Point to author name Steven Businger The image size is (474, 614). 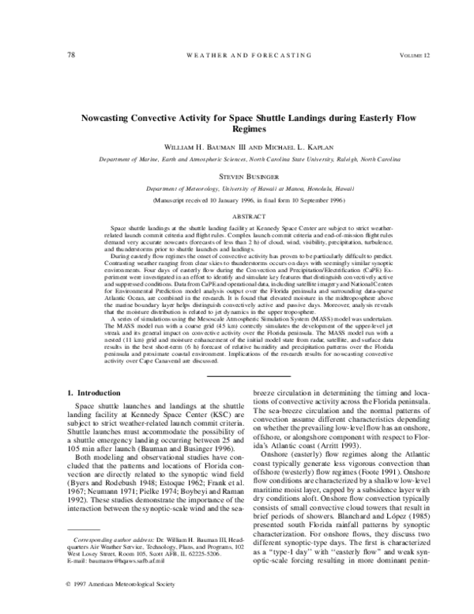click(x=237, y=178)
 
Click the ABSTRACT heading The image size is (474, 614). click(x=237, y=214)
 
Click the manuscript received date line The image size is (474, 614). click(x=237, y=202)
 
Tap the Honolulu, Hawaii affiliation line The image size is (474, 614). click(x=237, y=190)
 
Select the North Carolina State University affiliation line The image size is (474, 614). click(x=237, y=159)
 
